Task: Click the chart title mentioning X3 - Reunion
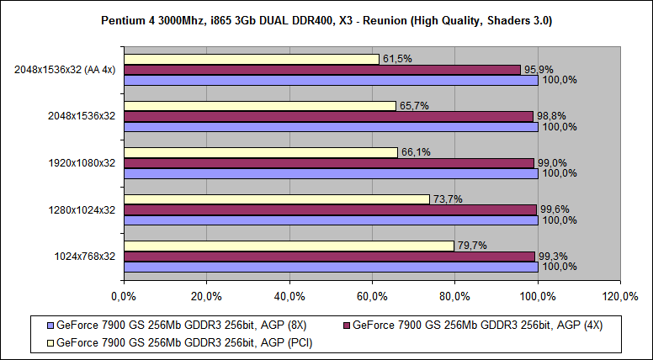pos(326,19)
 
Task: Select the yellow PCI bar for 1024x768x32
pos(289,246)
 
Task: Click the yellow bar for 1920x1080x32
pos(260,152)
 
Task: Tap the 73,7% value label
pos(447,199)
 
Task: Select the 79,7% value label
pos(471,245)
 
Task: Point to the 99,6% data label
pos(554,209)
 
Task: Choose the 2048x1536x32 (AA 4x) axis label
pos(65,70)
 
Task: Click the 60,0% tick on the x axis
pos(372,296)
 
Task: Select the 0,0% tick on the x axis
pos(124,296)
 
